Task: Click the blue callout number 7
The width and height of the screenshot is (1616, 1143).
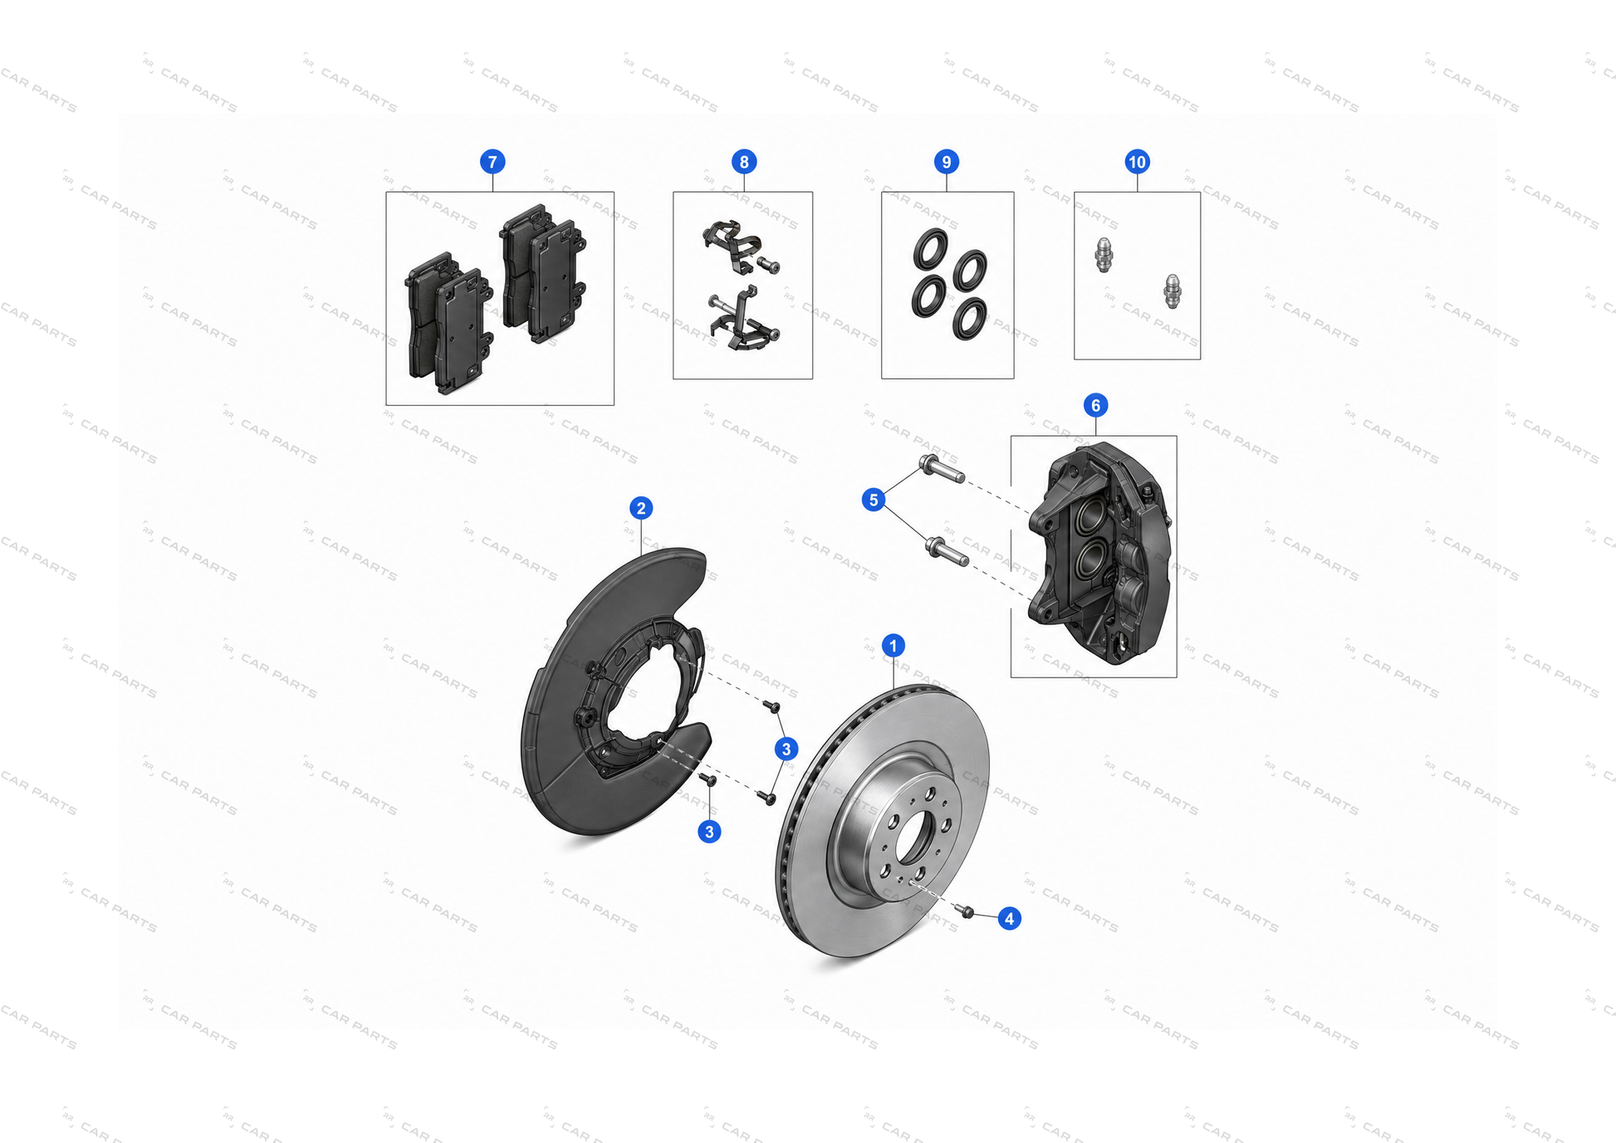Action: coord(492,162)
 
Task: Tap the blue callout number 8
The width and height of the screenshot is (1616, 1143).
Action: coord(744,162)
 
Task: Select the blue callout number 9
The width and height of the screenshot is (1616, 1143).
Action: coord(947,162)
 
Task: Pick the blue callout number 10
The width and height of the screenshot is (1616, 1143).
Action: coord(1137,162)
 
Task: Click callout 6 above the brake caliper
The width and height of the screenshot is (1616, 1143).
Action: coord(1095,405)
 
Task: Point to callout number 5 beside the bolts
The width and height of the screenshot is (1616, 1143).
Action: coord(873,500)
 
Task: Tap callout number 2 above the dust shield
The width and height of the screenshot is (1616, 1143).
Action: coord(640,508)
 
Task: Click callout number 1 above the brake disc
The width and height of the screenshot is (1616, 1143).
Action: coord(893,646)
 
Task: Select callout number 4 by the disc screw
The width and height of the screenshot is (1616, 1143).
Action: coord(1009,918)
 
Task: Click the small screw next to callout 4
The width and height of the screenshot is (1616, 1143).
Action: coord(966,911)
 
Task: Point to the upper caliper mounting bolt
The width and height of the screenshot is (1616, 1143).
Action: coord(941,469)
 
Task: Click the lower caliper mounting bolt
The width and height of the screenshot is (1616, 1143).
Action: coord(947,550)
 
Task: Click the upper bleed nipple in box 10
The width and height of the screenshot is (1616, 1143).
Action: coord(1104,255)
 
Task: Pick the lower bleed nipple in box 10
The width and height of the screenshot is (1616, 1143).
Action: coord(1172,291)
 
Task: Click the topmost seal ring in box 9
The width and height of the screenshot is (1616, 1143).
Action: coord(930,249)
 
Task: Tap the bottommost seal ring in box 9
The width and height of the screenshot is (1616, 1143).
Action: coord(970,319)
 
